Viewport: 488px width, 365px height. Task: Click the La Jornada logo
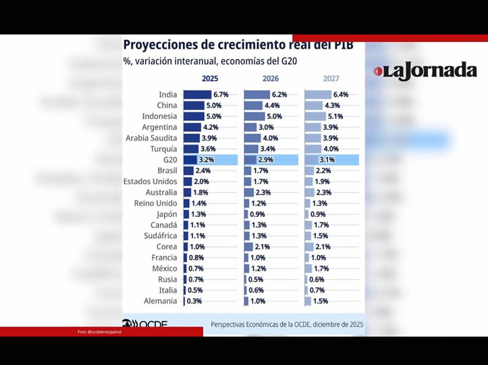pos(425,71)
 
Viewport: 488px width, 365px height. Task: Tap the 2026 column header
pos(271,78)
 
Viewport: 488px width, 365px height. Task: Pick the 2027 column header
pos(331,78)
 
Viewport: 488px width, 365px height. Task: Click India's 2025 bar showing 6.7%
pos(197,95)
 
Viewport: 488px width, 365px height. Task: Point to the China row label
pos(167,105)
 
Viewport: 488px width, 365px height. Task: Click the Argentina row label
pos(160,127)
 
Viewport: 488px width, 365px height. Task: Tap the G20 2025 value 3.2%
pos(206,160)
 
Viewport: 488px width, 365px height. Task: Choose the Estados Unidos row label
pos(151,182)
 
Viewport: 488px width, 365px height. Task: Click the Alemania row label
pos(161,301)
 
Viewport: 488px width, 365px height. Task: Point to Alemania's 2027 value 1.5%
pos(321,301)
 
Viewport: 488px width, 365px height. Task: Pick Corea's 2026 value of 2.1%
pos(262,247)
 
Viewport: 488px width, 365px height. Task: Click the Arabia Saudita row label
pos(152,138)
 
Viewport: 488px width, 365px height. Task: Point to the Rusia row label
pos(167,279)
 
